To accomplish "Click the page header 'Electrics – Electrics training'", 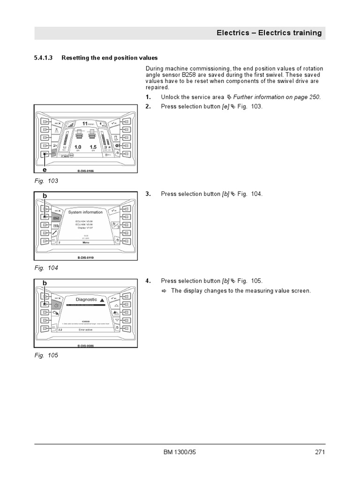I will click(269, 33).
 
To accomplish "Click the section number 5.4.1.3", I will click(44, 58).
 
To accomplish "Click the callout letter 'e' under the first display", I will click(45, 170).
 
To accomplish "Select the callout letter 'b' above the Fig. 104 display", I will click(45, 195).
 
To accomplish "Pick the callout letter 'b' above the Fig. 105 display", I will click(45, 283).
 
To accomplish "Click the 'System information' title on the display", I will click(85, 212).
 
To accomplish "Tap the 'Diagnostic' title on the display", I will click(86, 299).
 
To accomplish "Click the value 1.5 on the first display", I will click(93, 147).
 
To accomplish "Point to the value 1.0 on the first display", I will click(78, 147).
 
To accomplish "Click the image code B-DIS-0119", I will click(86, 258).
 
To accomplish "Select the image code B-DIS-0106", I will click(86, 171).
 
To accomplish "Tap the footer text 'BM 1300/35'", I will click(180, 452).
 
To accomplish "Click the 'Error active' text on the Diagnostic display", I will click(86, 330).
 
